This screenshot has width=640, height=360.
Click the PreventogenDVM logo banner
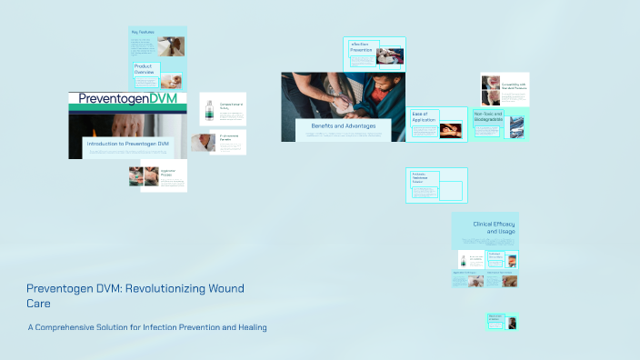[x=127, y=98]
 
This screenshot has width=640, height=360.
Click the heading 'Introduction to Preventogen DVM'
[x=128, y=144]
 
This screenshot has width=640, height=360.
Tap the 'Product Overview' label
[x=146, y=70]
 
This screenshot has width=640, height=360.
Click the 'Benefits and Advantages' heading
[x=343, y=125]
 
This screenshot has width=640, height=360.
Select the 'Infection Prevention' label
[x=361, y=46]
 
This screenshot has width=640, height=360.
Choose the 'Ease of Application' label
[x=424, y=115]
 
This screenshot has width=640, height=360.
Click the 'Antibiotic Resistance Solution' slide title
[x=422, y=178]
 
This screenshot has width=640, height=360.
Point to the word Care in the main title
[x=38, y=302]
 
